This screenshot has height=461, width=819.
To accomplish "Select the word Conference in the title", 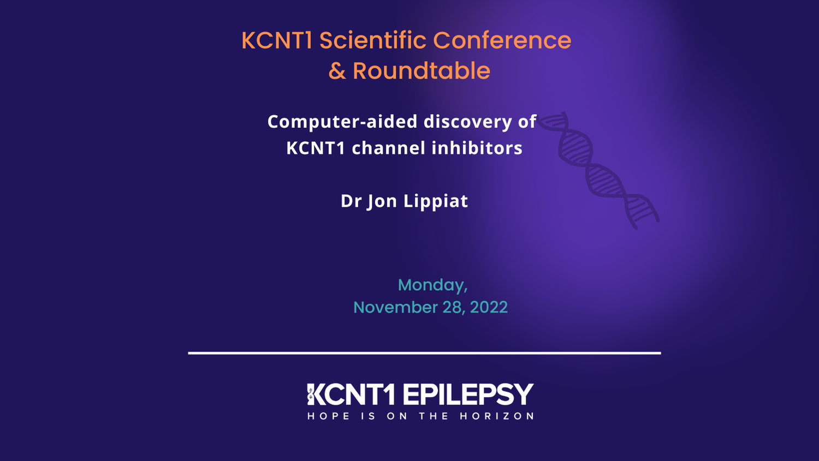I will click(502, 40).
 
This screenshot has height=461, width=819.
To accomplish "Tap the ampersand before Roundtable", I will click(337, 71).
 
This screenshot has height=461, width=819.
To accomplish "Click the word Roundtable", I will click(421, 71).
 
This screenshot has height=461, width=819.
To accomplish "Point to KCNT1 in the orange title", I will click(277, 40).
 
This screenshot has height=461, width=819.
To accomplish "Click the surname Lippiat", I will click(435, 201).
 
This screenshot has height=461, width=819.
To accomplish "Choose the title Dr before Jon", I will click(351, 201).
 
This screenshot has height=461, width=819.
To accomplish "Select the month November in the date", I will click(395, 307).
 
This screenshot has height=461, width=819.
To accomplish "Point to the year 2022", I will click(489, 307).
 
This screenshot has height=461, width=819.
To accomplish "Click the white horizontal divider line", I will click(424, 353).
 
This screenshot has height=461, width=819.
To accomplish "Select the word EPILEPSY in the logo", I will click(468, 394).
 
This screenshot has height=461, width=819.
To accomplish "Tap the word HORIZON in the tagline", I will click(497, 416).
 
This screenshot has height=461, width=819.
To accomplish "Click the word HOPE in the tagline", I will click(329, 416).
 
